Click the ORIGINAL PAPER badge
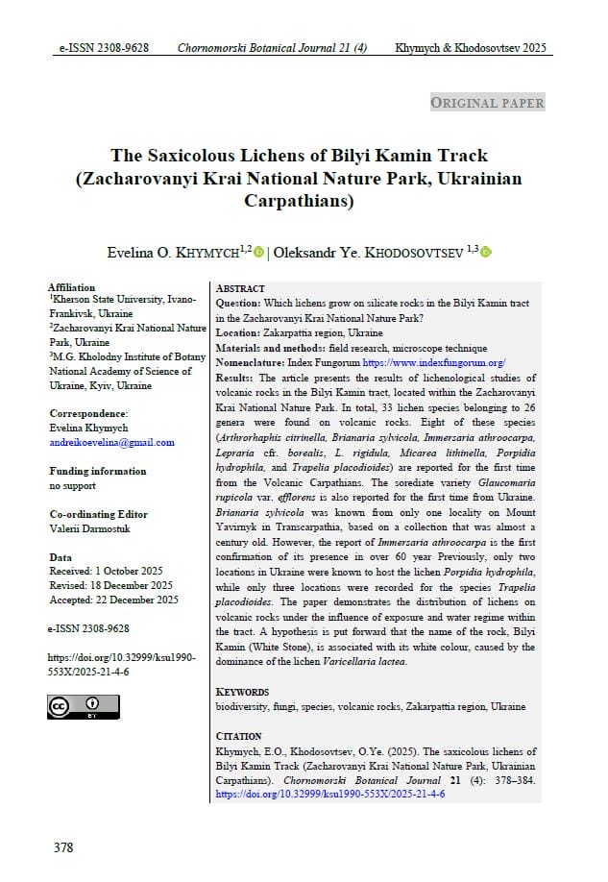point(487,103)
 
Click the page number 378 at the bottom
point(63,847)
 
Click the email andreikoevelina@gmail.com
point(111,442)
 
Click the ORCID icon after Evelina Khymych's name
point(259,253)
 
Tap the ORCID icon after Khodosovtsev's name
point(486,253)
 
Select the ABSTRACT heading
point(240,288)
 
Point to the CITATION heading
point(239,737)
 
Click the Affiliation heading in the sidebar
point(72,287)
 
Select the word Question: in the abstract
point(240,304)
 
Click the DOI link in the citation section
point(330,795)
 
